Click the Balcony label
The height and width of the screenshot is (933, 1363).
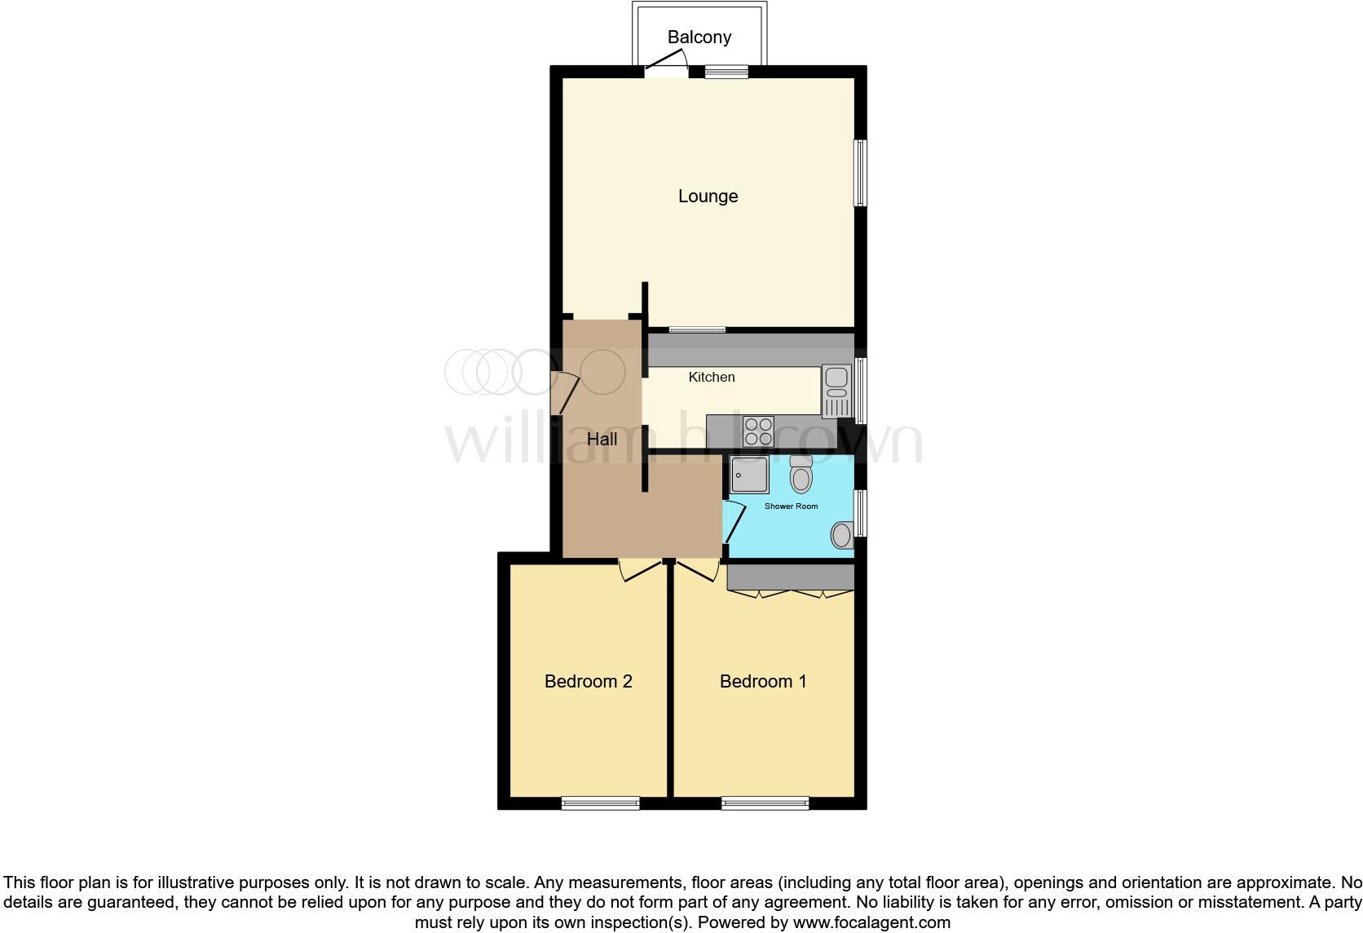coord(699,37)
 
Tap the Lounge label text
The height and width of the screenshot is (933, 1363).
coord(708,196)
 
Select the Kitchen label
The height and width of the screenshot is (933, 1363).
coord(711,377)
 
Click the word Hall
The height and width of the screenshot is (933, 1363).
coord(602,439)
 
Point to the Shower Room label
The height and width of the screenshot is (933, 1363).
coord(791,506)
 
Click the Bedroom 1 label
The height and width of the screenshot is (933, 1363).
coord(763,681)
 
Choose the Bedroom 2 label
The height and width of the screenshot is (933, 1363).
coord(588,681)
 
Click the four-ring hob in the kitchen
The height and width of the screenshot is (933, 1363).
coord(758,431)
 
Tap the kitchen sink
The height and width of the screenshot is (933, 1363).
coord(836,391)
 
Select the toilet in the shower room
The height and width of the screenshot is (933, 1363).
coord(801,475)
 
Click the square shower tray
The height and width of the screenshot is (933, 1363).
coord(749,475)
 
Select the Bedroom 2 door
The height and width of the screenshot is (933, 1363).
coord(640,568)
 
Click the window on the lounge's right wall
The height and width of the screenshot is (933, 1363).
coord(860,172)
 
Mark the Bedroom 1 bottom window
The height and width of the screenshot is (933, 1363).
coord(765,803)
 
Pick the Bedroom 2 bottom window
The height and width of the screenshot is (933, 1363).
coord(600,803)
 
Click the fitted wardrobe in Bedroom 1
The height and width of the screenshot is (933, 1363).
coord(789,577)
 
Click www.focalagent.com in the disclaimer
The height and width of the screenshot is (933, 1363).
coord(871,923)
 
